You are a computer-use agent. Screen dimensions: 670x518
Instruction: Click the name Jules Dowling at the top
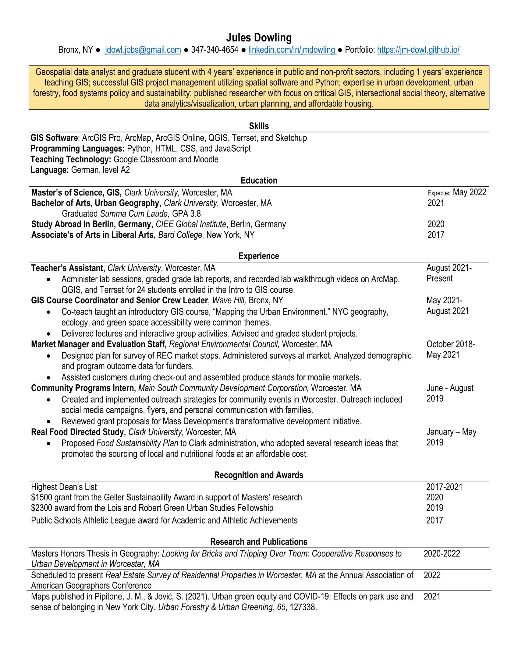(259, 38)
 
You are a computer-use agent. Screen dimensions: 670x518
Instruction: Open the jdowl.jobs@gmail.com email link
(143, 50)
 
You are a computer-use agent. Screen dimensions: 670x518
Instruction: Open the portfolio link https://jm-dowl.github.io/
(418, 50)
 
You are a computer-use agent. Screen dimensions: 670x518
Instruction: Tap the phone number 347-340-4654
(215, 50)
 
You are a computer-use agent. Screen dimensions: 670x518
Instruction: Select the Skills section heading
(259, 126)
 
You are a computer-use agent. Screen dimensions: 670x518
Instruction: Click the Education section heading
(259, 180)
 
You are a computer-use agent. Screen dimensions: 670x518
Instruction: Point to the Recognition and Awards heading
(259, 475)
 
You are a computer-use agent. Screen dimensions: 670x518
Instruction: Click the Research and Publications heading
(259, 542)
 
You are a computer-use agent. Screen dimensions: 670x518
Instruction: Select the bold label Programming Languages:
(77, 149)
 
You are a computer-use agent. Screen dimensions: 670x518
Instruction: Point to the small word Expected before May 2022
(439, 193)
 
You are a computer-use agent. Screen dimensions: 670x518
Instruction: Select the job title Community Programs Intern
(83, 388)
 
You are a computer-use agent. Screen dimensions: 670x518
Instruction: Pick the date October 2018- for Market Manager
(450, 344)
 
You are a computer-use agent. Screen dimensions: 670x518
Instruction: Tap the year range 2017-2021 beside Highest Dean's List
(444, 487)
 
